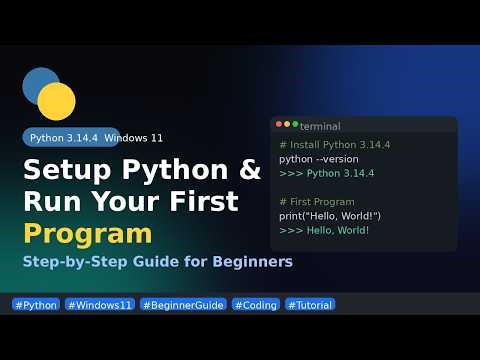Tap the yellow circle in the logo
pyautogui.click(x=57, y=101)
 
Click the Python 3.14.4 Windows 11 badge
pyautogui.click(x=96, y=138)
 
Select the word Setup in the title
pyautogui.click(x=68, y=168)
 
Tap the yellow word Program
pyautogui.click(x=88, y=234)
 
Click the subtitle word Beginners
pyautogui.click(x=247, y=263)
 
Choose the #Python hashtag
pyautogui.click(x=36, y=304)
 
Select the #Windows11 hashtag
pyautogui.click(x=100, y=304)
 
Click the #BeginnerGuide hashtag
pyautogui.click(x=183, y=304)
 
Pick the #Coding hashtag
pyautogui.click(x=255, y=304)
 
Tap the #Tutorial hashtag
pyautogui.click(x=310, y=304)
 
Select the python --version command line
pyautogui.click(x=319, y=159)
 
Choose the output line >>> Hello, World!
pyautogui.click(x=325, y=231)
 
